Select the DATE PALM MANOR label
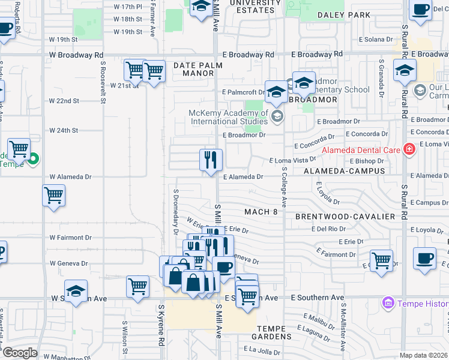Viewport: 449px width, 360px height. coord(193,69)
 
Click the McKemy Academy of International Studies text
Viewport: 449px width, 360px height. coord(228,117)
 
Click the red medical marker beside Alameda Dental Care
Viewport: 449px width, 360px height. coord(409,149)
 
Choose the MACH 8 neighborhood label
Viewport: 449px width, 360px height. coord(261,212)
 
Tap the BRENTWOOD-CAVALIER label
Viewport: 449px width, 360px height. coord(345,216)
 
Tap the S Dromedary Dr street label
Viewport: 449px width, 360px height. coord(176,213)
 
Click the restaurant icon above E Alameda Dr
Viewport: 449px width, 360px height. coord(211,160)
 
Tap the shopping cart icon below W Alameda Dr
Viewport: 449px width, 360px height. coord(54,196)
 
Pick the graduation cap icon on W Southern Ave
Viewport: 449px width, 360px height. coord(76,292)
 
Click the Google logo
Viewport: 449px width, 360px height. coord(19,353)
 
